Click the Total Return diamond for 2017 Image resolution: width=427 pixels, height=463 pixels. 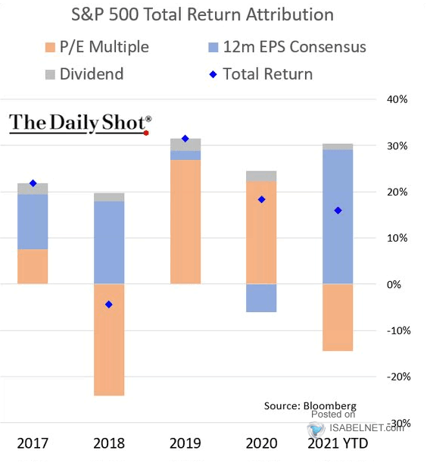(x=33, y=183)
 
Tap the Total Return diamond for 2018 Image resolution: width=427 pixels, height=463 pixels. (x=109, y=305)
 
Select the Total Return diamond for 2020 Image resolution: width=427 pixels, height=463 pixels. (x=261, y=199)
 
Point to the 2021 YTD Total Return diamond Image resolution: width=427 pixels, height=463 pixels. (x=338, y=211)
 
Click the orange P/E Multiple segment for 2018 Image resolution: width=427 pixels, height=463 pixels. (x=109, y=339)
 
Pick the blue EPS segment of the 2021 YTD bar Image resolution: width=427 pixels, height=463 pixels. (x=338, y=217)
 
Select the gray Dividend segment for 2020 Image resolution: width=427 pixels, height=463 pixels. (x=261, y=176)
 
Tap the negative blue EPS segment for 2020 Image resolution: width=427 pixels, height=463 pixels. (x=261, y=298)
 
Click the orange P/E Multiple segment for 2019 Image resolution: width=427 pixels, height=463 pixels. (x=185, y=222)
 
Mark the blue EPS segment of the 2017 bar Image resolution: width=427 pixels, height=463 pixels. (x=33, y=222)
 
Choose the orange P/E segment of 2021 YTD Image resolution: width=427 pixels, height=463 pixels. (x=338, y=318)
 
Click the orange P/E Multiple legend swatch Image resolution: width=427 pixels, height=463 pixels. (x=50, y=48)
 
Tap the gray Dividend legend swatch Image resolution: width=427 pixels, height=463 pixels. (x=50, y=74)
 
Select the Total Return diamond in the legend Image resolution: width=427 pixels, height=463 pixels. (x=213, y=74)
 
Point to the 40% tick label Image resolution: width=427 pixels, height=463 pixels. (x=397, y=99)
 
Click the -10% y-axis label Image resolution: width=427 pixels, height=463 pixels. (x=398, y=330)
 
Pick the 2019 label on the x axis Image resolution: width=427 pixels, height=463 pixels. (x=185, y=443)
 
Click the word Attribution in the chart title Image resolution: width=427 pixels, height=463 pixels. (x=290, y=14)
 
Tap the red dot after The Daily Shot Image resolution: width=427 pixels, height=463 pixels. (x=146, y=133)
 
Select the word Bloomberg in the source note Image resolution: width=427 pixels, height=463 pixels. (x=330, y=406)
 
